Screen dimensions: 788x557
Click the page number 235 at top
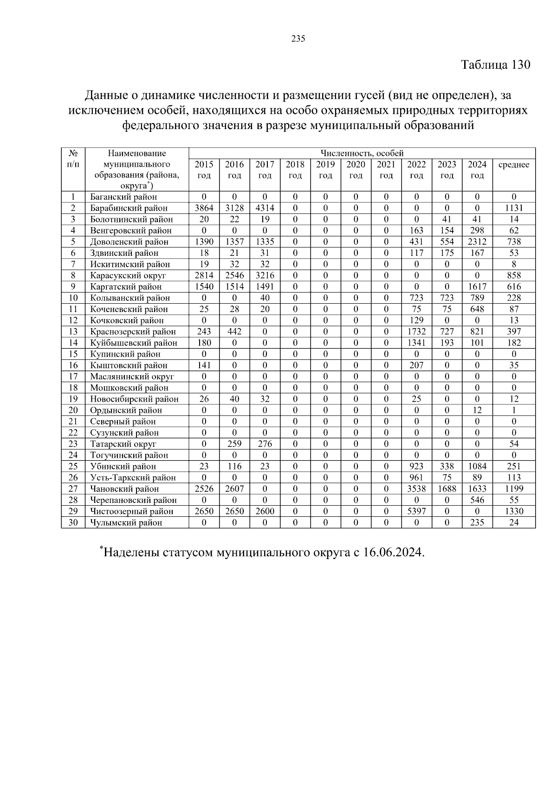[x=298, y=39]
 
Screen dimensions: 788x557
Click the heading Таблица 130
[x=495, y=65]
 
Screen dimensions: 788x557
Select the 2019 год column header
[x=325, y=170]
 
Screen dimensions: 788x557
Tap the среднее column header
[x=513, y=165]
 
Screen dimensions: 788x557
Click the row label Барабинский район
[x=129, y=208]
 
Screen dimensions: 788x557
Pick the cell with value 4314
[x=265, y=208]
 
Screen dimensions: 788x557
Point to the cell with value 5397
[x=416, y=511]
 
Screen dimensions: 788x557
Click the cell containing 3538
[x=416, y=489]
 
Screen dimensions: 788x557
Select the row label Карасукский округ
[x=128, y=275]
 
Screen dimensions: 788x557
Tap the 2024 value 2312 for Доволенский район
[x=477, y=241]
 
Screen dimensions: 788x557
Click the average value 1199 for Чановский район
[x=514, y=489]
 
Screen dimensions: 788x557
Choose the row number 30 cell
[x=73, y=522]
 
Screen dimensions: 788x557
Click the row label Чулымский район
[x=126, y=523]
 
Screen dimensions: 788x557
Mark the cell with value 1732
[x=416, y=332]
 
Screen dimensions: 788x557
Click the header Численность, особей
[x=362, y=153]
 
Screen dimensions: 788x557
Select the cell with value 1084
[x=477, y=466]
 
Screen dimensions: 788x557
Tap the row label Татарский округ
[x=123, y=444]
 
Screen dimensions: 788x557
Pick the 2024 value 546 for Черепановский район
[x=477, y=500]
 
